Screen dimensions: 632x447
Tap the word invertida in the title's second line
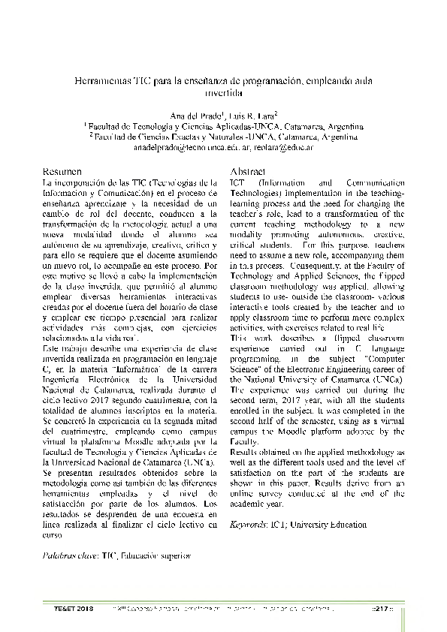tap(224, 93)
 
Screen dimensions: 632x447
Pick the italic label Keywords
tap(249, 525)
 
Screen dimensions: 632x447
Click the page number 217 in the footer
tap(383, 607)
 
